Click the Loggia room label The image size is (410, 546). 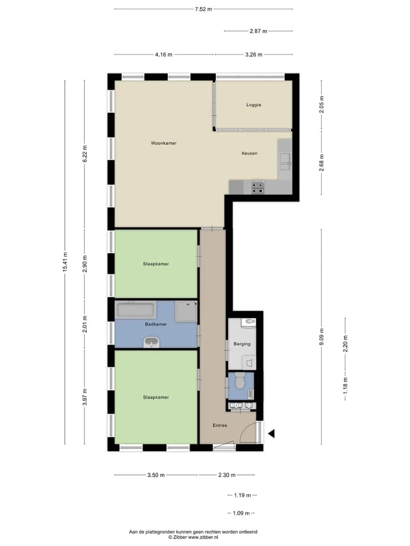click(253, 105)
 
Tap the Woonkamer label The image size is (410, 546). click(163, 143)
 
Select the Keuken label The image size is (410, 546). click(249, 153)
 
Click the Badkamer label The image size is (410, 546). click(156, 324)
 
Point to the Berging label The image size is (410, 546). click(242, 344)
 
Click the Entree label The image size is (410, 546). click(220, 425)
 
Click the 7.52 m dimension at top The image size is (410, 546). click(203, 10)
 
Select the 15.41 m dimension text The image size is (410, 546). click(65, 262)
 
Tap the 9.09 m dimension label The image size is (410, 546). click(321, 337)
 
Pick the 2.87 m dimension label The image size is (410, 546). click(259, 31)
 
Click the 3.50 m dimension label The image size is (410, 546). click(156, 475)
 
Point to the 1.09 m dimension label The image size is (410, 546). click(241, 513)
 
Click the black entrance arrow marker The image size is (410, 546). click(271, 433)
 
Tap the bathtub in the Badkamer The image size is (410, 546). click(136, 311)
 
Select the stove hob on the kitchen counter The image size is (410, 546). click(257, 188)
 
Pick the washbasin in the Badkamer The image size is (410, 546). click(151, 342)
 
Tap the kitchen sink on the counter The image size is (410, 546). click(285, 162)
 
